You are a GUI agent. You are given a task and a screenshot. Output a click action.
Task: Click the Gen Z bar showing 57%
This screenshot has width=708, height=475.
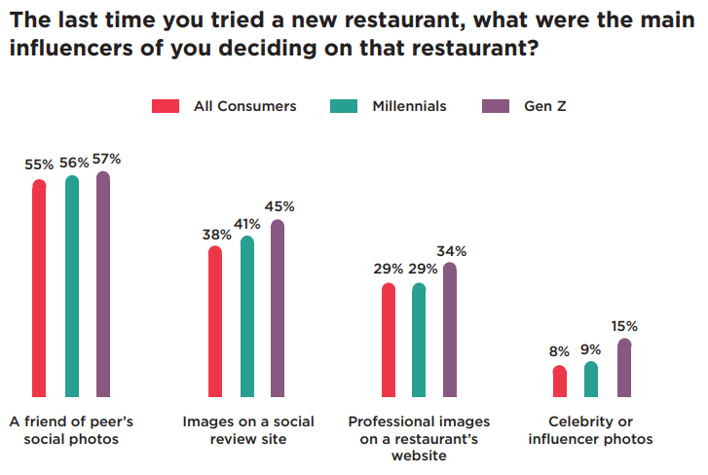tap(103, 284)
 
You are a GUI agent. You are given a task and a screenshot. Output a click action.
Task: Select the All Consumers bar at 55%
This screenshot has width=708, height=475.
tap(40, 288)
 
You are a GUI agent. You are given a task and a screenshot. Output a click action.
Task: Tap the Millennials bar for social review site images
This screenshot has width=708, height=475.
tap(246, 316)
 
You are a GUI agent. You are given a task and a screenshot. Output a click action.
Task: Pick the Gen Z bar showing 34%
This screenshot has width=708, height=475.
tap(449, 330)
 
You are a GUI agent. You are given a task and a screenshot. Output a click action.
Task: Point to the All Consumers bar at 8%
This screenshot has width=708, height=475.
tap(559, 382)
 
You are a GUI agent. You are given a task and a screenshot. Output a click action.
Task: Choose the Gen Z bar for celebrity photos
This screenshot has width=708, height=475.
tap(624, 368)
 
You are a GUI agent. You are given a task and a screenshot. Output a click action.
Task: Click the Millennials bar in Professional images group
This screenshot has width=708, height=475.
tap(419, 340)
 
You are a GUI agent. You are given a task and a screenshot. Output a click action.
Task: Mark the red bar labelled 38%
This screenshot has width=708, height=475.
tap(215, 321)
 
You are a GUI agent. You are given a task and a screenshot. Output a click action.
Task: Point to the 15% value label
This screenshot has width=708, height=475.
tap(624, 326)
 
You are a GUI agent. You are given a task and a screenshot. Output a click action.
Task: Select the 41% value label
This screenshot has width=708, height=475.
tap(246, 223)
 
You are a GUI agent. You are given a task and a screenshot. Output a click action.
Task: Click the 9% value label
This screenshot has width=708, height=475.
tap(591, 349)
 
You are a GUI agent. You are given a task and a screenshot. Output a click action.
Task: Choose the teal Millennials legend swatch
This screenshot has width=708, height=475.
tap(345, 106)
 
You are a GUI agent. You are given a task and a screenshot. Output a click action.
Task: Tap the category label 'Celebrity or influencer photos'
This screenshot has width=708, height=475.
tap(590, 430)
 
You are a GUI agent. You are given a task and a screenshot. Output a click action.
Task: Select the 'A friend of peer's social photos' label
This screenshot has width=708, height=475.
tap(71, 430)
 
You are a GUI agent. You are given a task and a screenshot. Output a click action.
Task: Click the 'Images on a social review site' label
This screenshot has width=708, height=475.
tap(247, 430)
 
